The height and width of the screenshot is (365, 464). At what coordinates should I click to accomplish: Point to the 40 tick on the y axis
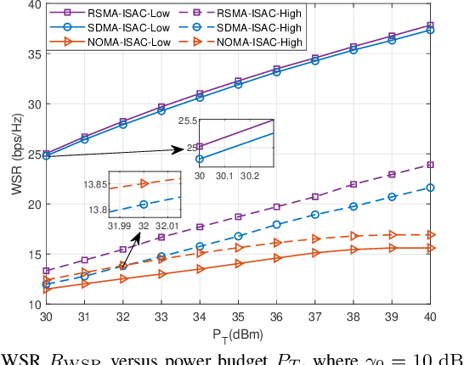click(x=31, y=4)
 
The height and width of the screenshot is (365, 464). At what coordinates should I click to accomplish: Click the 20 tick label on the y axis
click(x=31, y=205)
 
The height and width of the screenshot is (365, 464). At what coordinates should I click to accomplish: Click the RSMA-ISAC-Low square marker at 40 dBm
click(x=430, y=25)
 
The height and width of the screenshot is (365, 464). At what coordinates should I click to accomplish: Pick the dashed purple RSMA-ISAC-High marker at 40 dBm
click(x=430, y=165)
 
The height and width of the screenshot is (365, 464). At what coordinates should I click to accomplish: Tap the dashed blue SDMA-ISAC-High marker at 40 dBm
click(x=430, y=188)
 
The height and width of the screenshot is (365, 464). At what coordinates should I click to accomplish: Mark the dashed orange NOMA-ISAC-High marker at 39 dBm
click(x=392, y=234)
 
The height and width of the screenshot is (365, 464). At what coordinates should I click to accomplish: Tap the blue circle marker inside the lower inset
click(x=144, y=205)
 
